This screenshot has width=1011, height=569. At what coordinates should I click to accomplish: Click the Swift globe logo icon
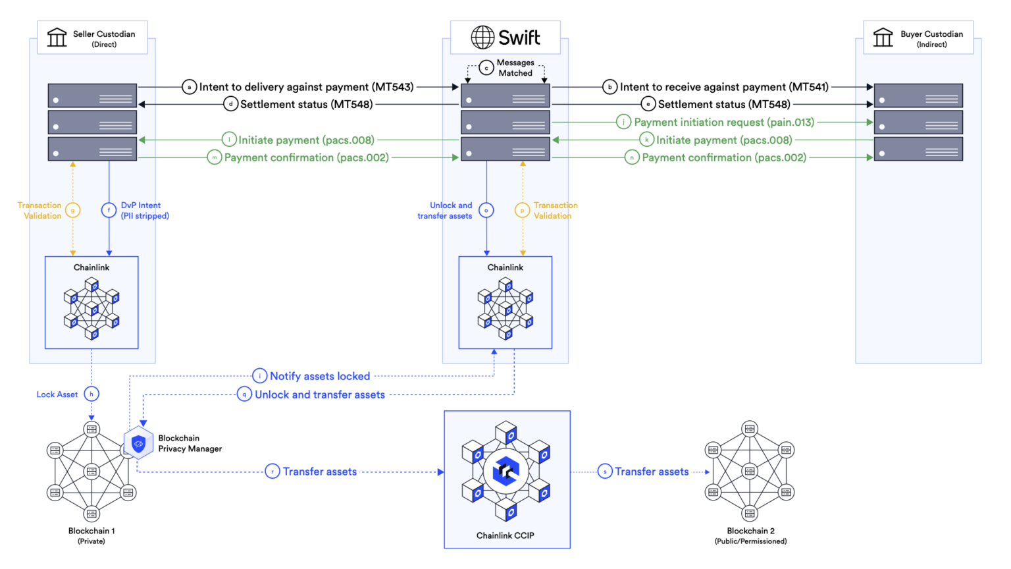click(482, 38)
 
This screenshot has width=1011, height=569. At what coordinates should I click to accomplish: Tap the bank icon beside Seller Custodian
click(57, 38)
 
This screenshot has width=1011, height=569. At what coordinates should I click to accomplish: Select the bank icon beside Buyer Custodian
click(883, 38)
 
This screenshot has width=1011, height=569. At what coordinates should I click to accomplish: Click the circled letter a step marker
click(190, 87)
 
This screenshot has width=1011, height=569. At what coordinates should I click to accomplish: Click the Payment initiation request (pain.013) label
click(724, 122)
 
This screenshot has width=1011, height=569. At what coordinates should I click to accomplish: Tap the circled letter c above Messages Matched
click(486, 68)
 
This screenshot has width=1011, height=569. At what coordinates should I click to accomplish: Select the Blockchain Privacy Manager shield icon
click(138, 444)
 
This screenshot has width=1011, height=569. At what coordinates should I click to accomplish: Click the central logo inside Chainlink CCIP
click(506, 471)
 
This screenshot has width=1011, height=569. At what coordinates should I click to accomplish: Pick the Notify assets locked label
click(320, 376)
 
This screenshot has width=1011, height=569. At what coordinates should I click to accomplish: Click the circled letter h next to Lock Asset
click(91, 394)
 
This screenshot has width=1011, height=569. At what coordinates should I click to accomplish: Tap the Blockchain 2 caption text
click(750, 531)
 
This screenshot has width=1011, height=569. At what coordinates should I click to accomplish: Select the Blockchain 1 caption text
click(91, 531)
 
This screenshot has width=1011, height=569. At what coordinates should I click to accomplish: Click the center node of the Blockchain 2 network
click(750, 471)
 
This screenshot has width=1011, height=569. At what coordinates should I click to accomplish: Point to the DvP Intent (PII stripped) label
click(145, 211)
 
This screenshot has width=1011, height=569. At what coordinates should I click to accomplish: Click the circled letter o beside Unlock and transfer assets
click(486, 211)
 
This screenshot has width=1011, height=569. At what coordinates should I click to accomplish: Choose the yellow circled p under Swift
click(522, 211)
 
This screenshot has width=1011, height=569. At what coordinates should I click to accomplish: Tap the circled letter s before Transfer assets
click(605, 472)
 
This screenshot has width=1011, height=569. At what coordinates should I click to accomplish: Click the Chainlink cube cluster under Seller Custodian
click(92, 308)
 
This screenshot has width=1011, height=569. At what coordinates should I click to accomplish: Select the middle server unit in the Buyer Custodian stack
click(918, 122)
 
